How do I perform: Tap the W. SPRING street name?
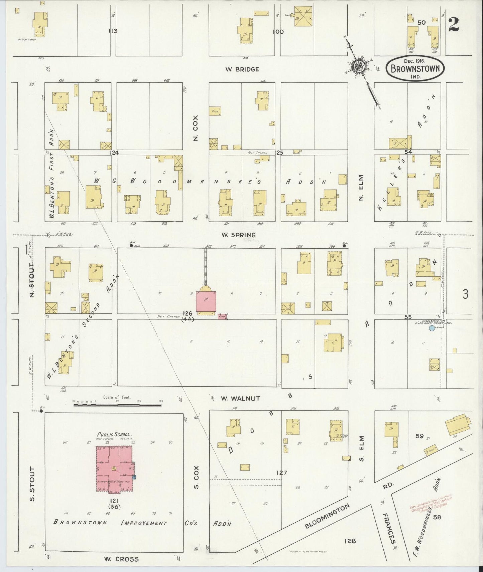click(x=238, y=235)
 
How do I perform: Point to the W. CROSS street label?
click(x=121, y=559)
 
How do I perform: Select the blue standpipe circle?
click(x=432, y=328)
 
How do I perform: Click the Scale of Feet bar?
click(x=117, y=405)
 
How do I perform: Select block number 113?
click(x=113, y=31)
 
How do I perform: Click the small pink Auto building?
click(x=223, y=316)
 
